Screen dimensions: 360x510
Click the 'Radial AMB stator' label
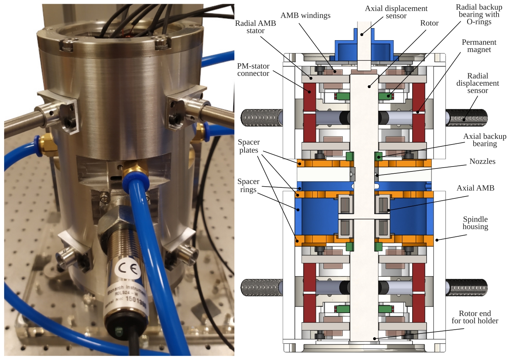click(x=255, y=27)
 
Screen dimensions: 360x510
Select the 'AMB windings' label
click(x=305, y=16)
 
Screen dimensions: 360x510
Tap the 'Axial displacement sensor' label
click(x=396, y=12)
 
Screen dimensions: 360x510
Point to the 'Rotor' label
click(x=429, y=23)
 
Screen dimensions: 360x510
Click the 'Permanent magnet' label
click(x=479, y=46)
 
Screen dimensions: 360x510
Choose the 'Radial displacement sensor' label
click(x=477, y=83)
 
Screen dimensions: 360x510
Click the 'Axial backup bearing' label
click(x=485, y=140)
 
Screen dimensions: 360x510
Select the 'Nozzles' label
click(x=482, y=161)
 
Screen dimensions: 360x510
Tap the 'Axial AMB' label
click(x=475, y=188)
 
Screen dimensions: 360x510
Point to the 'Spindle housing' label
click(x=475, y=223)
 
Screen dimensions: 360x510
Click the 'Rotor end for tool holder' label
click(x=475, y=317)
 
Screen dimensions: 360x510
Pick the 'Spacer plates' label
click(x=249, y=146)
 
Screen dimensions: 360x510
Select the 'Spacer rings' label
click(x=248, y=186)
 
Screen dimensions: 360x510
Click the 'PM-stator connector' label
click(x=253, y=70)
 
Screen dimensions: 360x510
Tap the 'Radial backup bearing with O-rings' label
click(x=479, y=14)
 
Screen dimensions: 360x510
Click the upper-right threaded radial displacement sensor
click(x=466, y=118)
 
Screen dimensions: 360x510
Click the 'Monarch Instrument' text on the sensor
click(x=125, y=292)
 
